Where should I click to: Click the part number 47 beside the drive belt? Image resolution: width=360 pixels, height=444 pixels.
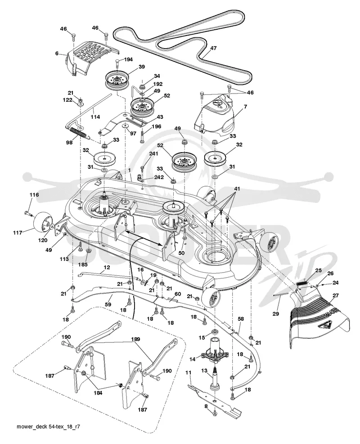coord(213,49)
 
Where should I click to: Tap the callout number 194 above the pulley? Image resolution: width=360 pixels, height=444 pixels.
coord(128,59)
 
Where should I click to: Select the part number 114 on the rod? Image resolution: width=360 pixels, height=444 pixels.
coord(95,117)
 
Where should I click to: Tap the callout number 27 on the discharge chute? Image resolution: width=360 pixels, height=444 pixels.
coord(336,296)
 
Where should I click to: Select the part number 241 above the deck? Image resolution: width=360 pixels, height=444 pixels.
coord(154,153)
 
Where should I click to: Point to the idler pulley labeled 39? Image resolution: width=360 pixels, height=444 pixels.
coord(117,77)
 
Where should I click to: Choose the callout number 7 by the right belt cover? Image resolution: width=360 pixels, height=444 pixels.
coord(245,107)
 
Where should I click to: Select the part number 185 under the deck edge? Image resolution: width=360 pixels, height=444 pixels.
coord(83,265)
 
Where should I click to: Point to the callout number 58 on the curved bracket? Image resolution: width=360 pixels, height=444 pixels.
coord(240,319)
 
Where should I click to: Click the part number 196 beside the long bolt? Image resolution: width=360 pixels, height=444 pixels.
coord(156,126)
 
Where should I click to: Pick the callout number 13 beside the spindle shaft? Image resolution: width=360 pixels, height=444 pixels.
coord(204,371)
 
